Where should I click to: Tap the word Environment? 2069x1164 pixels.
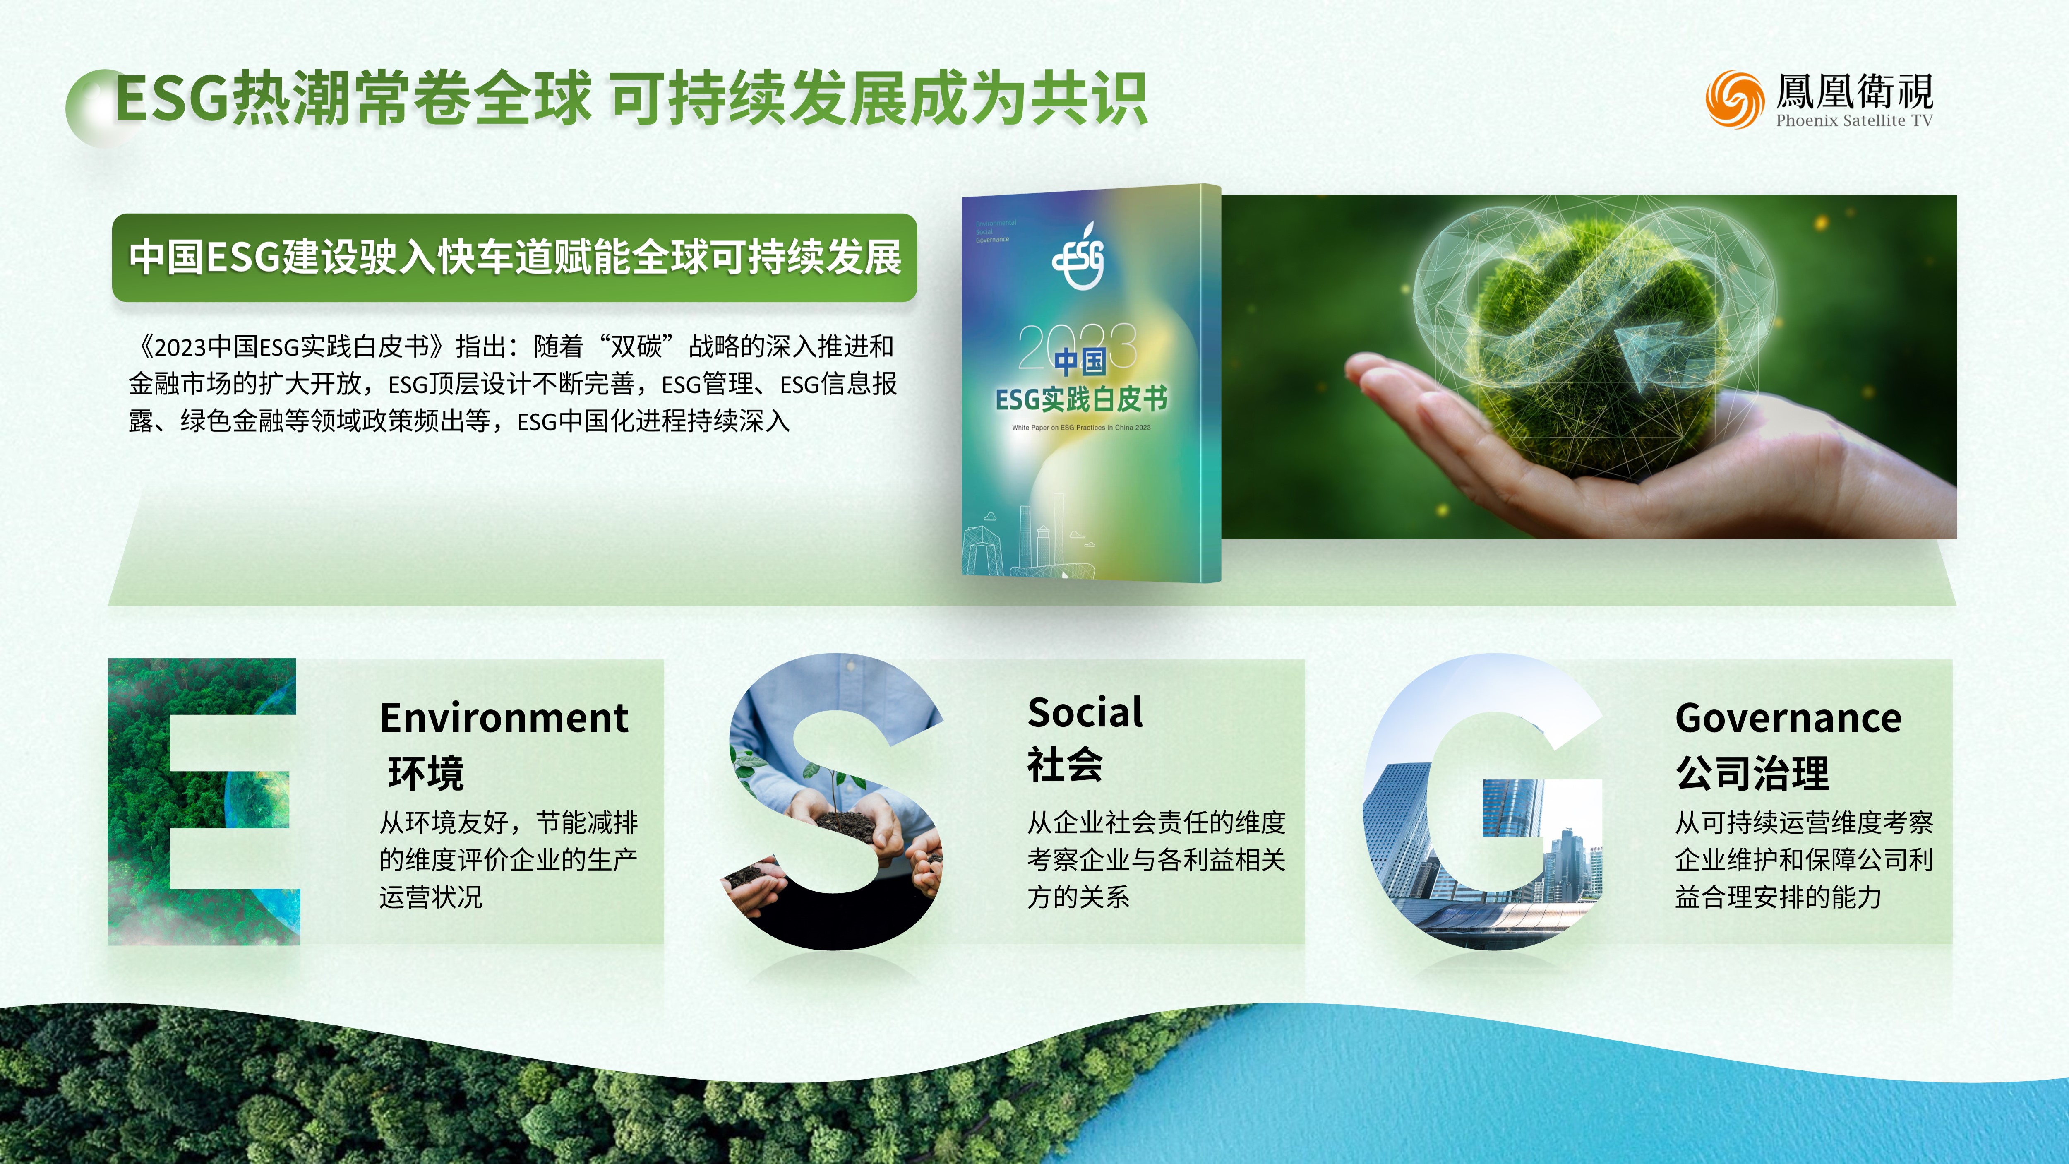(504, 717)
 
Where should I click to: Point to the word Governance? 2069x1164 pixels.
(1788, 717)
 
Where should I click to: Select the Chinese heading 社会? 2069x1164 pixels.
(1065, 764)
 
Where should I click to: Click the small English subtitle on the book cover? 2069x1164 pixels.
(1081, 427)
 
